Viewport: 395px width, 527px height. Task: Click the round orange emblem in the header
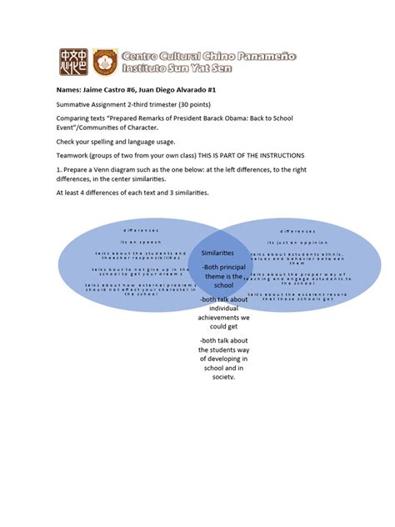coord(102,59)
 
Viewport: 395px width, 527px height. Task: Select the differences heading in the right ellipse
coord(297,230)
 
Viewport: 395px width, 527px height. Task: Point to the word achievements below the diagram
coord(222,317)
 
